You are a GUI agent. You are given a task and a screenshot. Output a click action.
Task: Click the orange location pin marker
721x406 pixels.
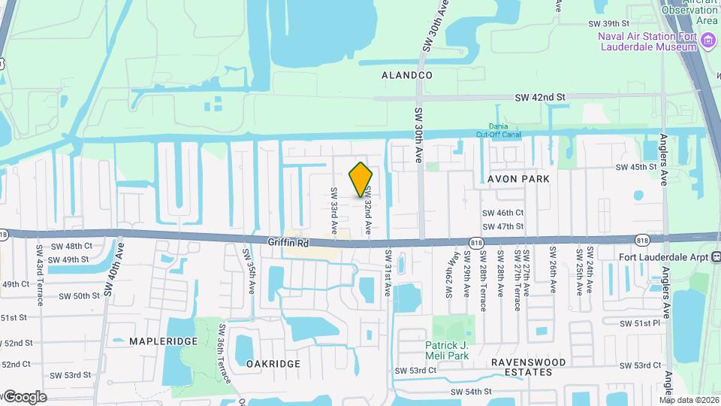(x=361, y=180)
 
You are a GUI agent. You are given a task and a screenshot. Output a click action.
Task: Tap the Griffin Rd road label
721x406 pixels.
(x=288, y=243)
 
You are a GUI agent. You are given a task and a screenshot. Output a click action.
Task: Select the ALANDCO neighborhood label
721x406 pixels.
(x=407, y=76)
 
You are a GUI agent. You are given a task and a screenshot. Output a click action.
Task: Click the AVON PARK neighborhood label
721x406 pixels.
(x=518, y=179)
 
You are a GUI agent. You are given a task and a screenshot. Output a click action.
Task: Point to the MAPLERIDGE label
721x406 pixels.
(x=163, y=341)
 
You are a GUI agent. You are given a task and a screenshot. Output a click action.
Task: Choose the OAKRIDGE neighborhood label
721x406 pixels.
(x=273, y=363)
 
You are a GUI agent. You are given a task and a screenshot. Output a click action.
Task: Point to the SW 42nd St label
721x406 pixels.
(x=539, y=97)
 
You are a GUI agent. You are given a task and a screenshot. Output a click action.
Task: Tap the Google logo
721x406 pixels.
(x=24, y=396)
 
